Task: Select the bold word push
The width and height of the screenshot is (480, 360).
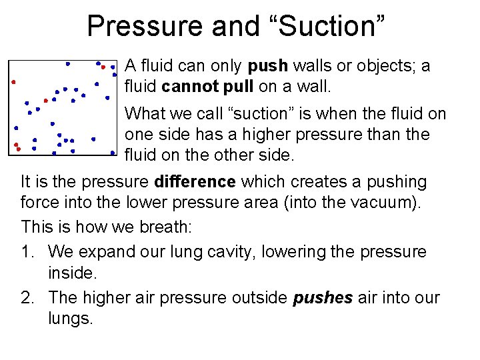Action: [267, 66]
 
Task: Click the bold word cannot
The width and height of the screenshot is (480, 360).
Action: [187, 87]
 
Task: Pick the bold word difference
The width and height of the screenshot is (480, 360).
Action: [195, 181]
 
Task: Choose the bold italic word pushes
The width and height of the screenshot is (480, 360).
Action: [323, 297]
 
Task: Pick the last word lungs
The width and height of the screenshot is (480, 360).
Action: [69, 319]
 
